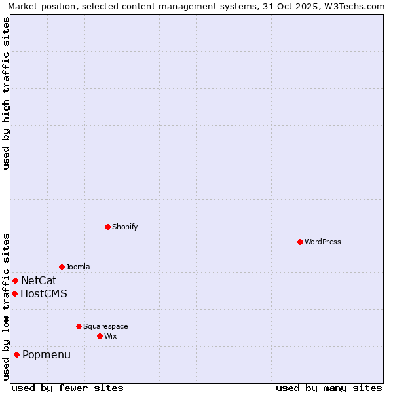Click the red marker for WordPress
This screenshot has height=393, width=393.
(x=300, y=242)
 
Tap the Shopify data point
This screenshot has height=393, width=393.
(x=107, y=227)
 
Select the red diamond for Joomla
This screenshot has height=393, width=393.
(x=62, y=267)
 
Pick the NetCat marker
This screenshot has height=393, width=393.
(x=15, y=280)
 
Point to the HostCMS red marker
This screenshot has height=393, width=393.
(x=14, y=293)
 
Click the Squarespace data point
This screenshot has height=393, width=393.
(x=79, y=326)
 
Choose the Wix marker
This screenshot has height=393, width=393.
(x=100, y=336)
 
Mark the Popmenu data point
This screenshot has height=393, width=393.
(x=16, y=354)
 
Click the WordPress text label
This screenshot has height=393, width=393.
(x=323, y=242)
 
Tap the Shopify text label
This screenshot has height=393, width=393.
(x=124, y=227)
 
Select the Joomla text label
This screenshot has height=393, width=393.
(x=78, y=267)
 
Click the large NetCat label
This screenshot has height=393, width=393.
(x=39, y=280)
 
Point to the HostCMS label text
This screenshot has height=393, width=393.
(x=44, y=293)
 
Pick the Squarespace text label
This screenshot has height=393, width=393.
(x=105, y=326)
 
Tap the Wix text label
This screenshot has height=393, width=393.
(x=111, y=336)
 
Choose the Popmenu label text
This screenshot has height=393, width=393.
(x=47, y=355)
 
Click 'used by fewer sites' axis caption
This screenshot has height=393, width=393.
(x=67, y=388)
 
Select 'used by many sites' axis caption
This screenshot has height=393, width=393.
(x=329, y=388)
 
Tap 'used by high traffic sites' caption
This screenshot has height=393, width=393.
(x=7, y=93)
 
